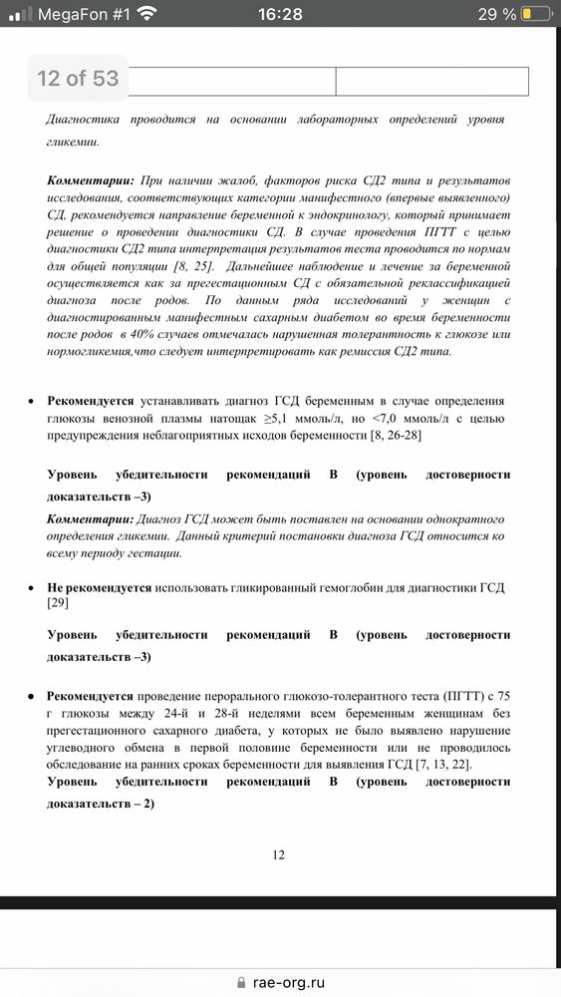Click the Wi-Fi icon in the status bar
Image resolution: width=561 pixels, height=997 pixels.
pos(147,14)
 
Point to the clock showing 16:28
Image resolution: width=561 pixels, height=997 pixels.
pos(280,14)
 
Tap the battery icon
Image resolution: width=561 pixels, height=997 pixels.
pos(537,14)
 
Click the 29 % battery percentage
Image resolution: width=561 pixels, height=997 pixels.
pos(496,14)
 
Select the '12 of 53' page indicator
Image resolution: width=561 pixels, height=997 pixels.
pos(78,78)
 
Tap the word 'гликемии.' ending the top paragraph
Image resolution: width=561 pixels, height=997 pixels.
pos(72,142)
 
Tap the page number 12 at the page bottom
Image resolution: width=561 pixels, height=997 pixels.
pos(279,854)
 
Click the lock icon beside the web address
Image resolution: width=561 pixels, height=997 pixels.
pos(240,981)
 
